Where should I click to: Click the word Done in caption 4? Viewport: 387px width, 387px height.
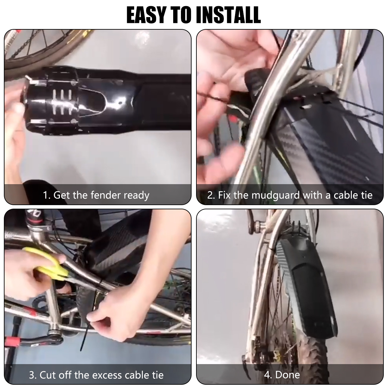point(288,374)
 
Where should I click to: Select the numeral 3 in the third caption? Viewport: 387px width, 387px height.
point(32,375)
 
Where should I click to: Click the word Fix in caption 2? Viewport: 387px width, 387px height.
point(224,195)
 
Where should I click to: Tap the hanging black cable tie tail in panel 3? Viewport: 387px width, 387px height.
point(83,342)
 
